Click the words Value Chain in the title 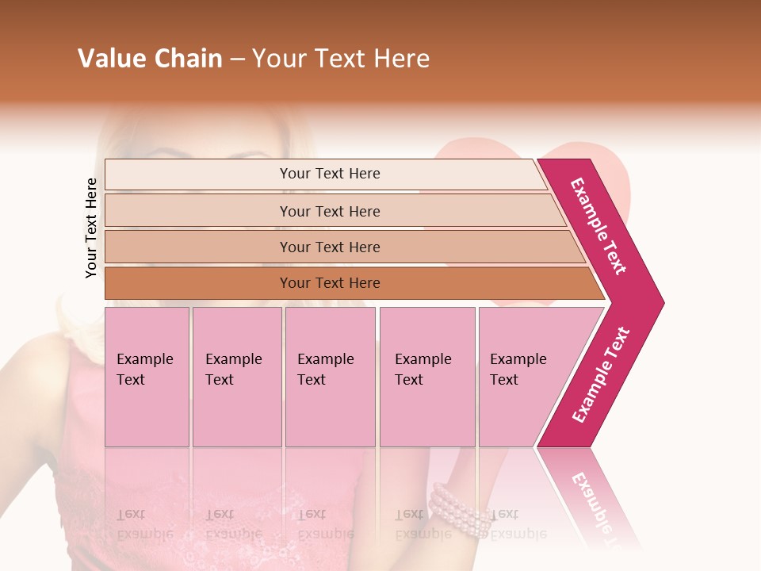pos(150,59)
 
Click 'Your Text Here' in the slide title pos(341,59)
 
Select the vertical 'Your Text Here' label pos(91,228)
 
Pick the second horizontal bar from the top pos(330,211)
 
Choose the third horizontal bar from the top pos(330,247)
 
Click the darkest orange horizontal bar pos(330,283)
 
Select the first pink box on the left pos(147,377)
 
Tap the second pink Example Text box pos(236,377)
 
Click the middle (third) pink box pos(330,377)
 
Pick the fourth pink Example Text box pos(427,377)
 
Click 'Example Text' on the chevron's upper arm pos(599,226)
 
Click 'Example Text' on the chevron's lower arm pos(601,374)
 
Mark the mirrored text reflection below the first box pos(145,523)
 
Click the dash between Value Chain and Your pos(237,59)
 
